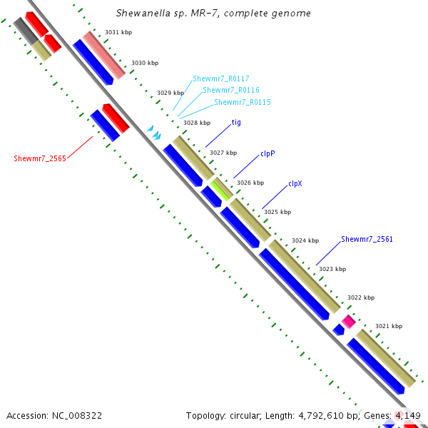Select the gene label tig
[x=236, y=123]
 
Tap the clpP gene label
[x=267, y=153]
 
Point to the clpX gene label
[x=295, y=183]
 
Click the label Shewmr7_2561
[x=367, y=239]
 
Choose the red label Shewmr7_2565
[x=40, y=158]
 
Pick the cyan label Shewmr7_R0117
[x=220, y=78]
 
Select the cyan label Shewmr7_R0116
[x=231, y=91]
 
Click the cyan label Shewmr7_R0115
[x=243, y=103]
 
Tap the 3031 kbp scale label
[x=118, y=32]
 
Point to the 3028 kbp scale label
[x=197, y=123]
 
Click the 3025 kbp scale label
[x=277, y=212]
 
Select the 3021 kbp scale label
[x=389, y=326]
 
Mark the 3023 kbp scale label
[x=332, y=269]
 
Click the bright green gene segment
[x=221, y=189]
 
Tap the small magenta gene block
[x=348, y=321]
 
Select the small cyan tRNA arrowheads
[x=154, y=131]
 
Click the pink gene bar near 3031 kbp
[x=104, y=54]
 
